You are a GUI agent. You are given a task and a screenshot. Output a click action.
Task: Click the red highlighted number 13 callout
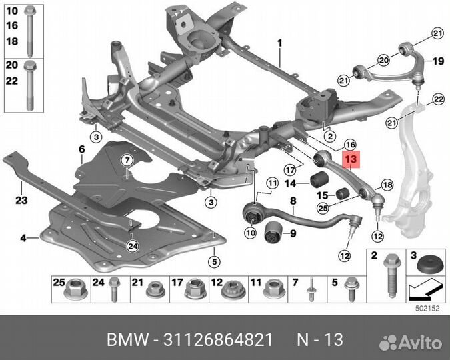tap(351, 159)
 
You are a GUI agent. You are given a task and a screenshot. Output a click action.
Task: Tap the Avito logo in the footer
tap(410, 342)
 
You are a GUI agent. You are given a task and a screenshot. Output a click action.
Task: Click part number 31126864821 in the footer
tap(218, 340)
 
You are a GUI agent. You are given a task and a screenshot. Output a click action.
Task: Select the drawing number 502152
tap(427, 309)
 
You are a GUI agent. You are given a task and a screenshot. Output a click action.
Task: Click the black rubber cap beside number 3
tap(427, 265)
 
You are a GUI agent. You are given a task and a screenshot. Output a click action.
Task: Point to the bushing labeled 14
tap(319, 179)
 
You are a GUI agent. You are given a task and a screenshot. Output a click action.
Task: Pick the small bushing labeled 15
tap(341, 194)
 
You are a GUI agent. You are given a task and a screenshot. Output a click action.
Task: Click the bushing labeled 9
tap(273, 232)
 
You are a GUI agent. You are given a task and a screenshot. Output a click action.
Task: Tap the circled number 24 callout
tap(133, 246)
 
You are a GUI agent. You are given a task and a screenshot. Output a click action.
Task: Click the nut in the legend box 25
tap(75, 291)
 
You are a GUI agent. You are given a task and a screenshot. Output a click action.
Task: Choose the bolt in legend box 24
tap(114, 289)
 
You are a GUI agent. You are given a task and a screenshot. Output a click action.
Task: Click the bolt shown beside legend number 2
tap(392, 275)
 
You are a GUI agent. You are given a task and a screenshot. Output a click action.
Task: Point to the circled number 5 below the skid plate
tap(215, 261)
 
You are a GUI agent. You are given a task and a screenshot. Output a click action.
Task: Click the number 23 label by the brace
tap(21, 200)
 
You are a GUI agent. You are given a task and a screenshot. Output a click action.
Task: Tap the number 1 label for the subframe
tap(280, 43)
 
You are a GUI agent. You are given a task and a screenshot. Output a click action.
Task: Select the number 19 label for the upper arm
tap(438, 61)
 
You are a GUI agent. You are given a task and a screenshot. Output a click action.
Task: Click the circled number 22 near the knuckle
tap(438, 99)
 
